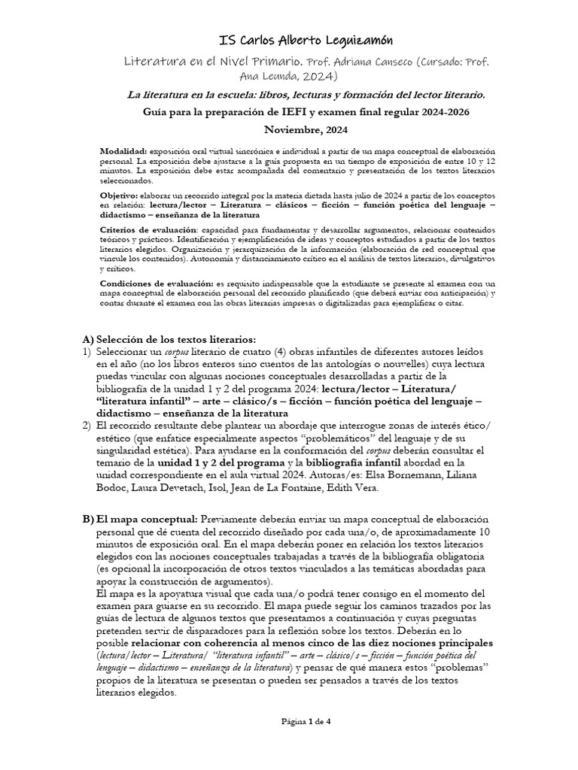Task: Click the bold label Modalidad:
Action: tap(124, 152)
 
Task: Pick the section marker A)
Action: tap(87, 339)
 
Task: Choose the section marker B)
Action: tap(87, 520)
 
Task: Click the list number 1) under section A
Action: tap(87, 352)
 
